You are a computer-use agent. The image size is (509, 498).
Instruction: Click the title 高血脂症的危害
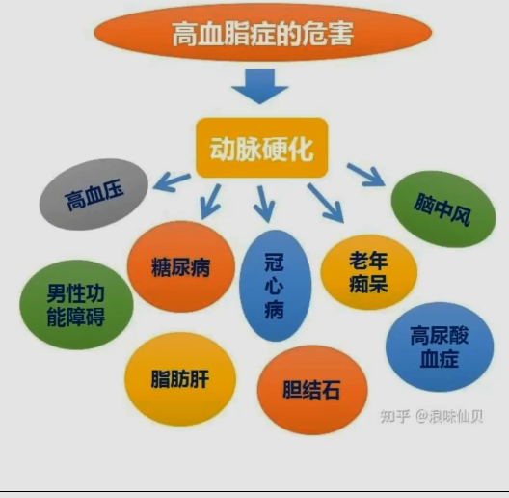(x=262, y=34)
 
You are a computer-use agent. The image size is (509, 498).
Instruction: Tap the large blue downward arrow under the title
(x=259, y=86)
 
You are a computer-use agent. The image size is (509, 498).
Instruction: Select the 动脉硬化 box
(x=262, y=148)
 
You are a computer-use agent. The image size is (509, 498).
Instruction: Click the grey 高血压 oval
(x=94, y=194)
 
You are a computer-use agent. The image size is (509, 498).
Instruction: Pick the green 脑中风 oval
(x=443, y=208)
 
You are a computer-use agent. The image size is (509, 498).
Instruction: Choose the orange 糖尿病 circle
(x=181, y=266)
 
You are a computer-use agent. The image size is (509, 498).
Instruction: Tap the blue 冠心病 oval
(x=276, y=286)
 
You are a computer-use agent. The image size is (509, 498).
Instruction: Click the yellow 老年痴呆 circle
(x=369, y=272)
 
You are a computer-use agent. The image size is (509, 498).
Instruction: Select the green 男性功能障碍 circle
(x=76, y=305)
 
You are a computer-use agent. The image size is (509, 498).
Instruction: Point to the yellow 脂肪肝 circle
(x=180, y=379)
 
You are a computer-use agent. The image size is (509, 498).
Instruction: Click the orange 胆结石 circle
(x=312, y=390)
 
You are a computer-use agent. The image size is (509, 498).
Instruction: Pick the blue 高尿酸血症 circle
(x=440, y=346)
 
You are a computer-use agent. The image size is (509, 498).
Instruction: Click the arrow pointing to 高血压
(x=172, y=182)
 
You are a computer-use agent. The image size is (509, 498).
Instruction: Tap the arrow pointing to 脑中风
(x=366, y=175)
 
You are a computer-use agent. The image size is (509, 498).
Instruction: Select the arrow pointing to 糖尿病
(x=211, y=202)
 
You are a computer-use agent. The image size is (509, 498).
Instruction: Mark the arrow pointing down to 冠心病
(x=264, y=205)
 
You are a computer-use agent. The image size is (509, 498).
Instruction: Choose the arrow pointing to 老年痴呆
(x=325, y=204)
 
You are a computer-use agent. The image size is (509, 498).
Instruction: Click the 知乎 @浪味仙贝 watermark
(x=432, y=416)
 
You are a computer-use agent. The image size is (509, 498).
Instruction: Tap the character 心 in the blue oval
(x=275, y=287)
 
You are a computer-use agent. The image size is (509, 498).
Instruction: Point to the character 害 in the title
(x=340, y=34)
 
